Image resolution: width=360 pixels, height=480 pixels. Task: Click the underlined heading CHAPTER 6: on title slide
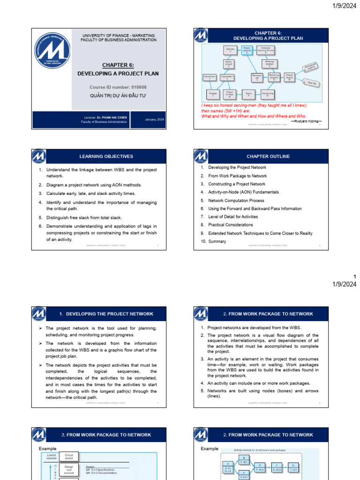118,65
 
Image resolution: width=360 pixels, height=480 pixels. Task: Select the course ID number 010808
118,87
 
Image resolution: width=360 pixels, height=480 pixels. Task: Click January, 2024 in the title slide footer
154,120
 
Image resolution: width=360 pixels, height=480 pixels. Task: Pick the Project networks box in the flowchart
247,50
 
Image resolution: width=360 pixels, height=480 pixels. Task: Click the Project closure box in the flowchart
289,77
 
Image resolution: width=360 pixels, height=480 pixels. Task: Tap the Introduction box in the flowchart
210,77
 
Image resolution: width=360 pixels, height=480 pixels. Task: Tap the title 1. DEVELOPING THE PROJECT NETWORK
106,314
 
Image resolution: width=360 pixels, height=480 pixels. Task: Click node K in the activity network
293,467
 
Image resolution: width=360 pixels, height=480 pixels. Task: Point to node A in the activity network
228,467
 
